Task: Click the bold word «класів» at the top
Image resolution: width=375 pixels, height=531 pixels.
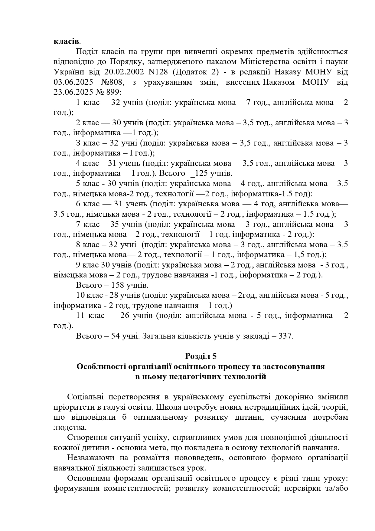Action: [x=67, y=41]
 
